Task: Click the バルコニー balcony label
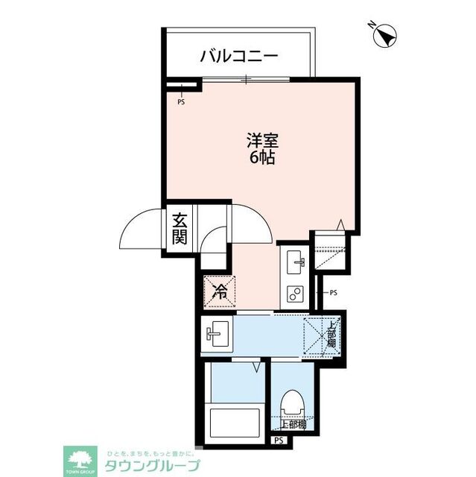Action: point(239,56)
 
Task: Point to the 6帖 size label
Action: point(258,158)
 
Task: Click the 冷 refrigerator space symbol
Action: point(219,291)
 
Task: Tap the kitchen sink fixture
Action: point(296,261)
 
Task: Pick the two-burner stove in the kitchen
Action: point(295,294)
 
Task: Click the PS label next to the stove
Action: point(333,293)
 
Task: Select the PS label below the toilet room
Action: point(279,440)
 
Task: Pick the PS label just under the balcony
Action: point(181,102)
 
